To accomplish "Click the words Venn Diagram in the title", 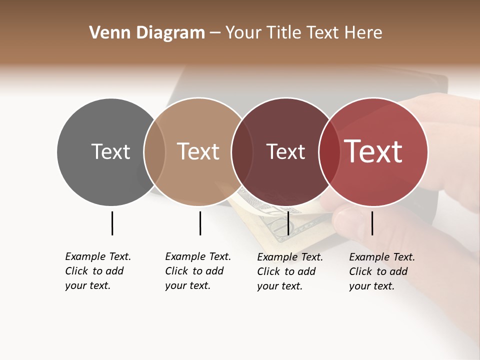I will pos(147,33).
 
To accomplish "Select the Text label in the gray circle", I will pos(110,151).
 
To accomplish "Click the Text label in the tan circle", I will pos(198,151).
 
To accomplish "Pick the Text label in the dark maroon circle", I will pos(285,151).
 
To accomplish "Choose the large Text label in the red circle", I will pos(373,151).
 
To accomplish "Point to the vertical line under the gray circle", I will pos(112,223).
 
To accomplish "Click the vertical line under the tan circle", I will pos(200,223).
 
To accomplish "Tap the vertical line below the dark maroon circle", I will pos(288,223).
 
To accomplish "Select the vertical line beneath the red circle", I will pos(372,223).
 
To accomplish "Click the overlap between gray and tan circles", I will pos(154,151).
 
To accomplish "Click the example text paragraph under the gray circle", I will pos(98,271).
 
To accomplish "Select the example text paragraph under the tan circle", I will pos(198,271).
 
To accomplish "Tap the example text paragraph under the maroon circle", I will pos(290,271).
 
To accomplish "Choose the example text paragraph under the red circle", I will pos(382,271).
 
